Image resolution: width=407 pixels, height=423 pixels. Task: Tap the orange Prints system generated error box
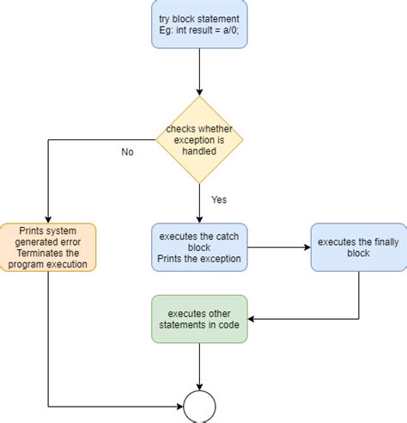(x=48, y=247)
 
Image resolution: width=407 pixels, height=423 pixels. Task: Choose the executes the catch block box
(x=199, y=248)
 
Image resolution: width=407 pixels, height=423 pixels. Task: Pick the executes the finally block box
(x=358, y=248)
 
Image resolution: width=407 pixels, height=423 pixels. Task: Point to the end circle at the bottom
(x=199, y=405)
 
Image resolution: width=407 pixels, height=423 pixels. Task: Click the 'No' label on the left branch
(x=127, y=152)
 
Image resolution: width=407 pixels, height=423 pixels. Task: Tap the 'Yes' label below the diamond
(x=219, y=199)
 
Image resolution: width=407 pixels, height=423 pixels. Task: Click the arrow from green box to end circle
(x=199, y=365)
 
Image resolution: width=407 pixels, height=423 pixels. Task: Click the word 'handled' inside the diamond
(x=199, y=150)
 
